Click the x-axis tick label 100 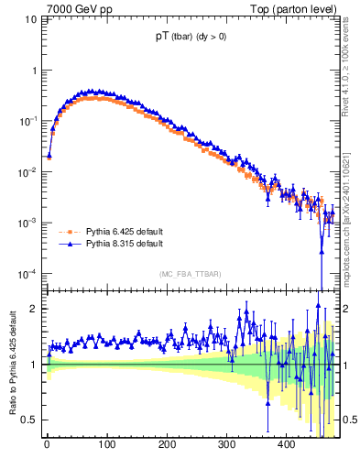(x=107, y=445)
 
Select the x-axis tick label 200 (x=167, y=445)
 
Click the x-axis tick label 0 (x=48, y=445)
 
